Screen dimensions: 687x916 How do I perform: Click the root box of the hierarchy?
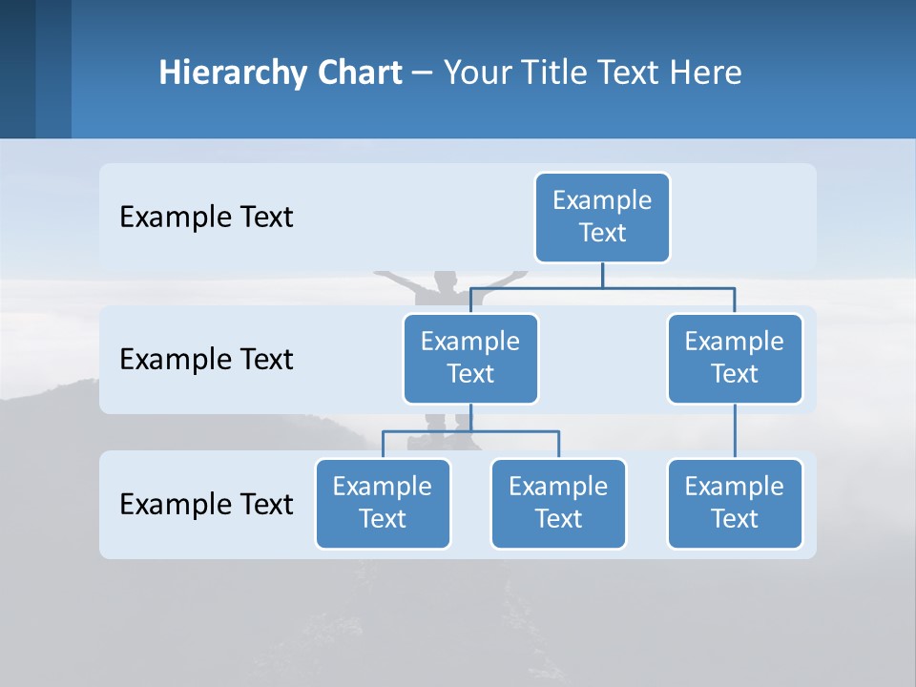click(602, 217)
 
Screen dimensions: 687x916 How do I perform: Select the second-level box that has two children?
click(470, 358)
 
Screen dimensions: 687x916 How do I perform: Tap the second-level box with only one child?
click(735, 358)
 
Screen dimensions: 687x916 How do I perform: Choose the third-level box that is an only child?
click(735, 503)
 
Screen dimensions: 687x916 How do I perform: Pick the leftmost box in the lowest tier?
click(383, 503)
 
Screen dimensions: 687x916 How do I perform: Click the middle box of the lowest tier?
click(558, 503)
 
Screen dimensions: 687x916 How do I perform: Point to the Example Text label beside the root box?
click(206, 218)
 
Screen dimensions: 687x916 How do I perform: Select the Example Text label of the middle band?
click(206, 360)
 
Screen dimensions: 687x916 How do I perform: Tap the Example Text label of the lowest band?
click(206, 504)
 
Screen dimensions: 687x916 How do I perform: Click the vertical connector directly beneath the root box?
click(602, 275)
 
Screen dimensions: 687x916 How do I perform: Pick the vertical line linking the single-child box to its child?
click(735, 431)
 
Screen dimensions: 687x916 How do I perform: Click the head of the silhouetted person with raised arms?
click(444, 281)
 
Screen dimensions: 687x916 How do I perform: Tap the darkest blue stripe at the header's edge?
click(17, 69)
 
